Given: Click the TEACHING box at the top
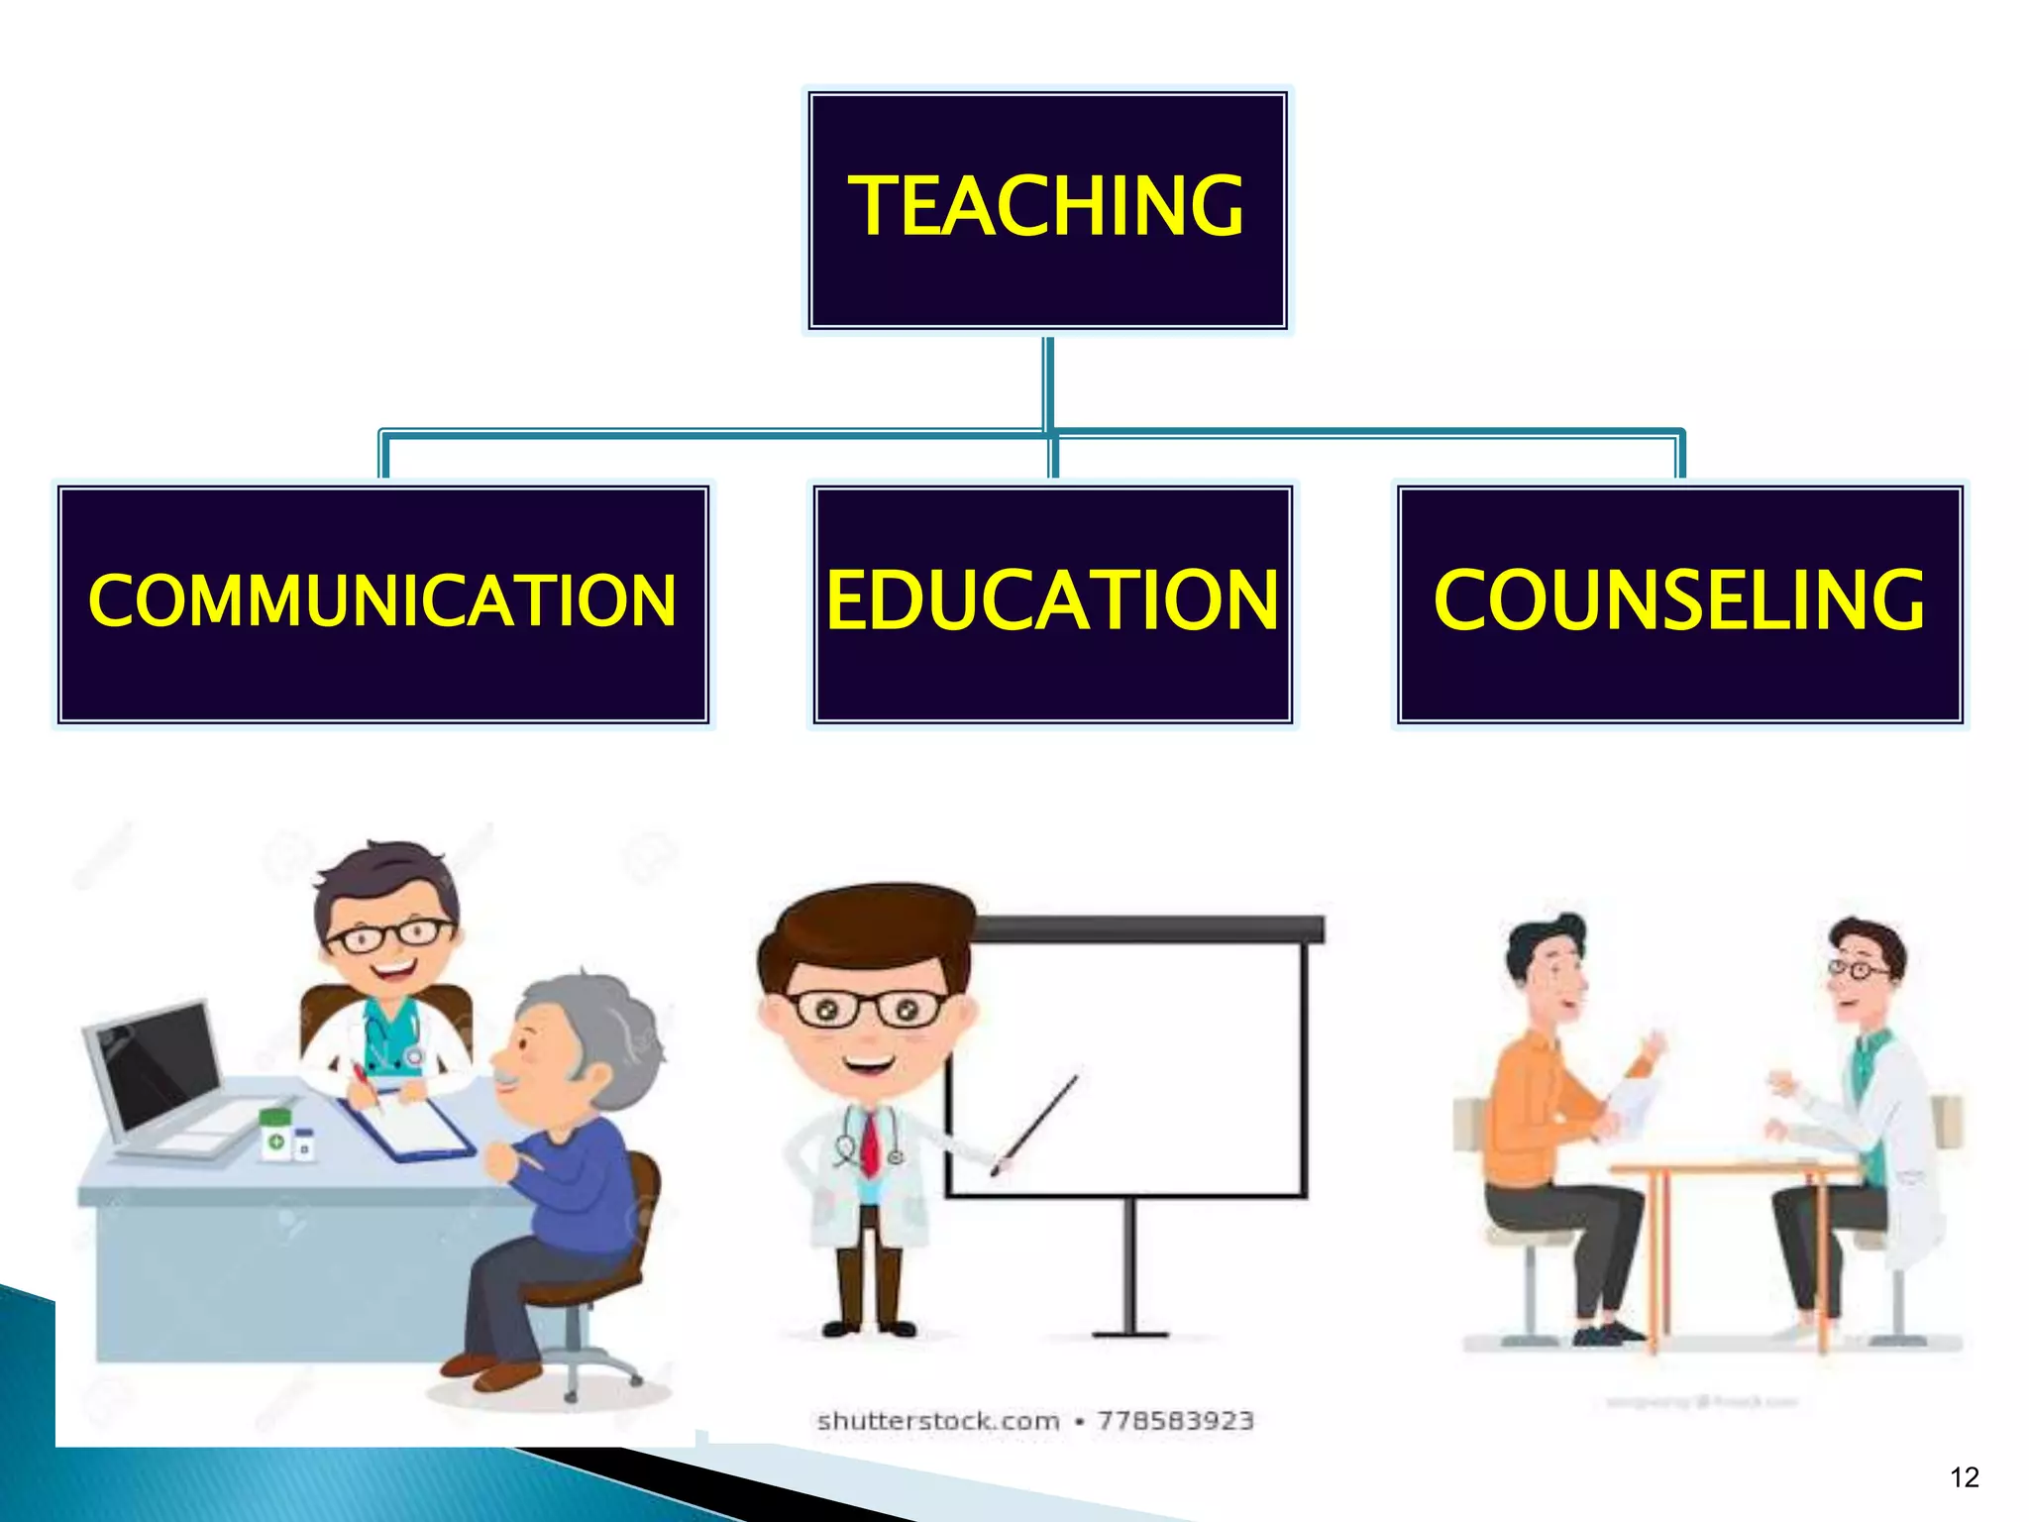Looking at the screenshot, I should [1047, 209].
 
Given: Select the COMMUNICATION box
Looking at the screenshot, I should [382, 603].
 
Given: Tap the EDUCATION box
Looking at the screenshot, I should [1052, 603].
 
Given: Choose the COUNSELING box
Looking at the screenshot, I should [1679, 603].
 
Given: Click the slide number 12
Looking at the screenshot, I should [1964, 1477].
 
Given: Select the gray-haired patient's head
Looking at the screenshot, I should [580, 1040].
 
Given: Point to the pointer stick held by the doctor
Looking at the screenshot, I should [1035, 1125].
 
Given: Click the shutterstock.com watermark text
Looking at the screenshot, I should [937, 1421].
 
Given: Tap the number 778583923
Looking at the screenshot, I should [1175, 1421].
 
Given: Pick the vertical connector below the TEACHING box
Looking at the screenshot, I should [1047, 381].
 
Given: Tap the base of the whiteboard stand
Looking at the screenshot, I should [1130, 1333].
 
